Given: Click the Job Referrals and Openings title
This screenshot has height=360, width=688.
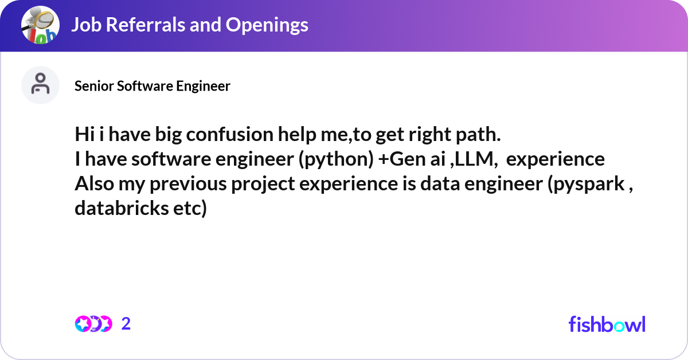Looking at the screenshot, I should click(189, 25).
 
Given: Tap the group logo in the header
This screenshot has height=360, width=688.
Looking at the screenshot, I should click(40, 26).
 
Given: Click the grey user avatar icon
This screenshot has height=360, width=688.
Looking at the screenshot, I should click(40, 85).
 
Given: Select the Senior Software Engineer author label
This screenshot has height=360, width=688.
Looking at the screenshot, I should click(153, 86).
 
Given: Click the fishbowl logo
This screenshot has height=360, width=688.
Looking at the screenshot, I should click(607, 324).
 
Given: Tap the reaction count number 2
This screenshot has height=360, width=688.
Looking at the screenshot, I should click(126, 324).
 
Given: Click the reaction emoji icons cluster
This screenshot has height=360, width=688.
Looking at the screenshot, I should click(93, 324).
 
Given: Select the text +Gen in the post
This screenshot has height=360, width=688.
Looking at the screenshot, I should click(397, 159).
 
